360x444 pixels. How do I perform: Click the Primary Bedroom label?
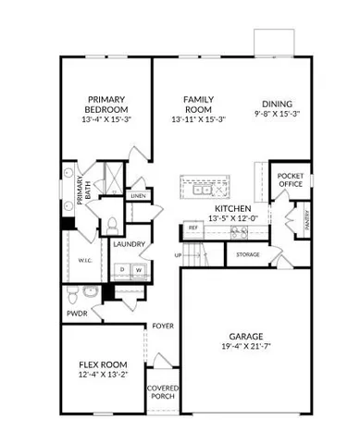pyautogui.click(x=106, y=105)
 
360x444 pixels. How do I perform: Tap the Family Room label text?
pyautogui.click(x=198, y=105)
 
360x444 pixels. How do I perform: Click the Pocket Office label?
pyautogui.click(x=291, y=179)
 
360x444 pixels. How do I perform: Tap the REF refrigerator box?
pyautogui.click(x=193, y=227)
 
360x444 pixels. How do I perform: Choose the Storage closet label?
pyautogui.click(x=247, y=254)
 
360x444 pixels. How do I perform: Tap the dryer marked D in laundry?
pyautogui.click(x=121, y=269)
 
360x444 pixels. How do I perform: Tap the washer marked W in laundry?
pyautogui.click(x=139, y=269)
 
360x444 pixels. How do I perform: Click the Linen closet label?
pyautogui.click(x=138, y=196)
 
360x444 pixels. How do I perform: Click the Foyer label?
pyautogui.click(x=163, y=326)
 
